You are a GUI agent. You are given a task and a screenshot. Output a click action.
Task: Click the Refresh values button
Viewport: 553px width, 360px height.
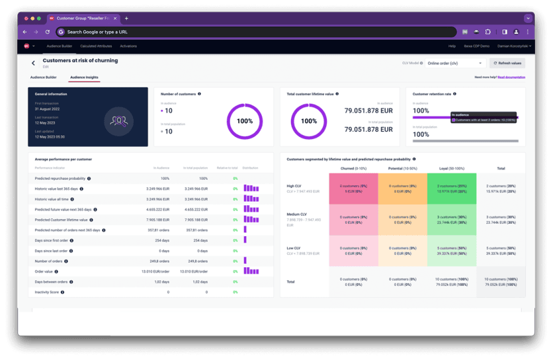click(x=507, y=64)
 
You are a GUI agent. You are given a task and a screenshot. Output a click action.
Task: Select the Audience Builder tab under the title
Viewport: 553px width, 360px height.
click(x=43, y=77)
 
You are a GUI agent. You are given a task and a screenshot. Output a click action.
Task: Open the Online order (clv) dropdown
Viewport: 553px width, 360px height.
click(x=455, y=64)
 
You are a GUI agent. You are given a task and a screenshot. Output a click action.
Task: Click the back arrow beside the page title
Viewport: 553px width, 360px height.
click(x=34, y=63)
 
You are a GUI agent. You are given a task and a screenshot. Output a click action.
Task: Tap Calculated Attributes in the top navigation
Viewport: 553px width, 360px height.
click(x=96, y=46)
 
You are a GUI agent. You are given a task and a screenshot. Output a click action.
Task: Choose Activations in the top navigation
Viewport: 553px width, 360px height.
click(x=128, y=46)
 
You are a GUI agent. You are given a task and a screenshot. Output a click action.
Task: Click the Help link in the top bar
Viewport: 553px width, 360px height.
click(x=452, y=46)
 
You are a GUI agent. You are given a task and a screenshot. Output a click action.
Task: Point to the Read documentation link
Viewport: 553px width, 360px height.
click(x=511, y=77)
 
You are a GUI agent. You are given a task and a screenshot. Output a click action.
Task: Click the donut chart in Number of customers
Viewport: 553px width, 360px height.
click(x=244, y=121)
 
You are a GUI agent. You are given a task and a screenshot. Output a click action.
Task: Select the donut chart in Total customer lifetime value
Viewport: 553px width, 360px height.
click(x=309, y=121)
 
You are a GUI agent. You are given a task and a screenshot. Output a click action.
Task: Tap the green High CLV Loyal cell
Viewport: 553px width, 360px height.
click(x=452, y=189)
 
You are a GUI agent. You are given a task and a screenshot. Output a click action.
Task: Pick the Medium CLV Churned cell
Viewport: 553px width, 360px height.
click(x=353, y=219)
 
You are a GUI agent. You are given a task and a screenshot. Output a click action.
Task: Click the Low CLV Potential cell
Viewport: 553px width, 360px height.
click(x=402, y=250)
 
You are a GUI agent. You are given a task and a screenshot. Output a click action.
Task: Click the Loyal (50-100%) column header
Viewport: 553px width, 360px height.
click(x=452, y=168)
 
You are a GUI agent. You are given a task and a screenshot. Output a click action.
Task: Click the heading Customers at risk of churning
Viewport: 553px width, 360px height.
click(x=80, y=60)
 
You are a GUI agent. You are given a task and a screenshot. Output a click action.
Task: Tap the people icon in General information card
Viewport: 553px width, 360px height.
click(x=120, y=121)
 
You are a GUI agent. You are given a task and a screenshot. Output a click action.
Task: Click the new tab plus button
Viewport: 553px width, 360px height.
click(x=127, y=19)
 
